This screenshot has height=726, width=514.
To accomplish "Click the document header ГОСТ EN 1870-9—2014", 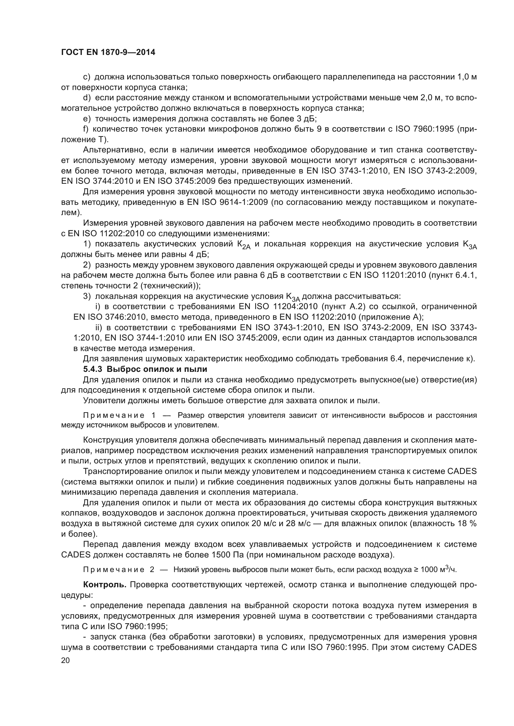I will pyautogui.click(x=108, y=52).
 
